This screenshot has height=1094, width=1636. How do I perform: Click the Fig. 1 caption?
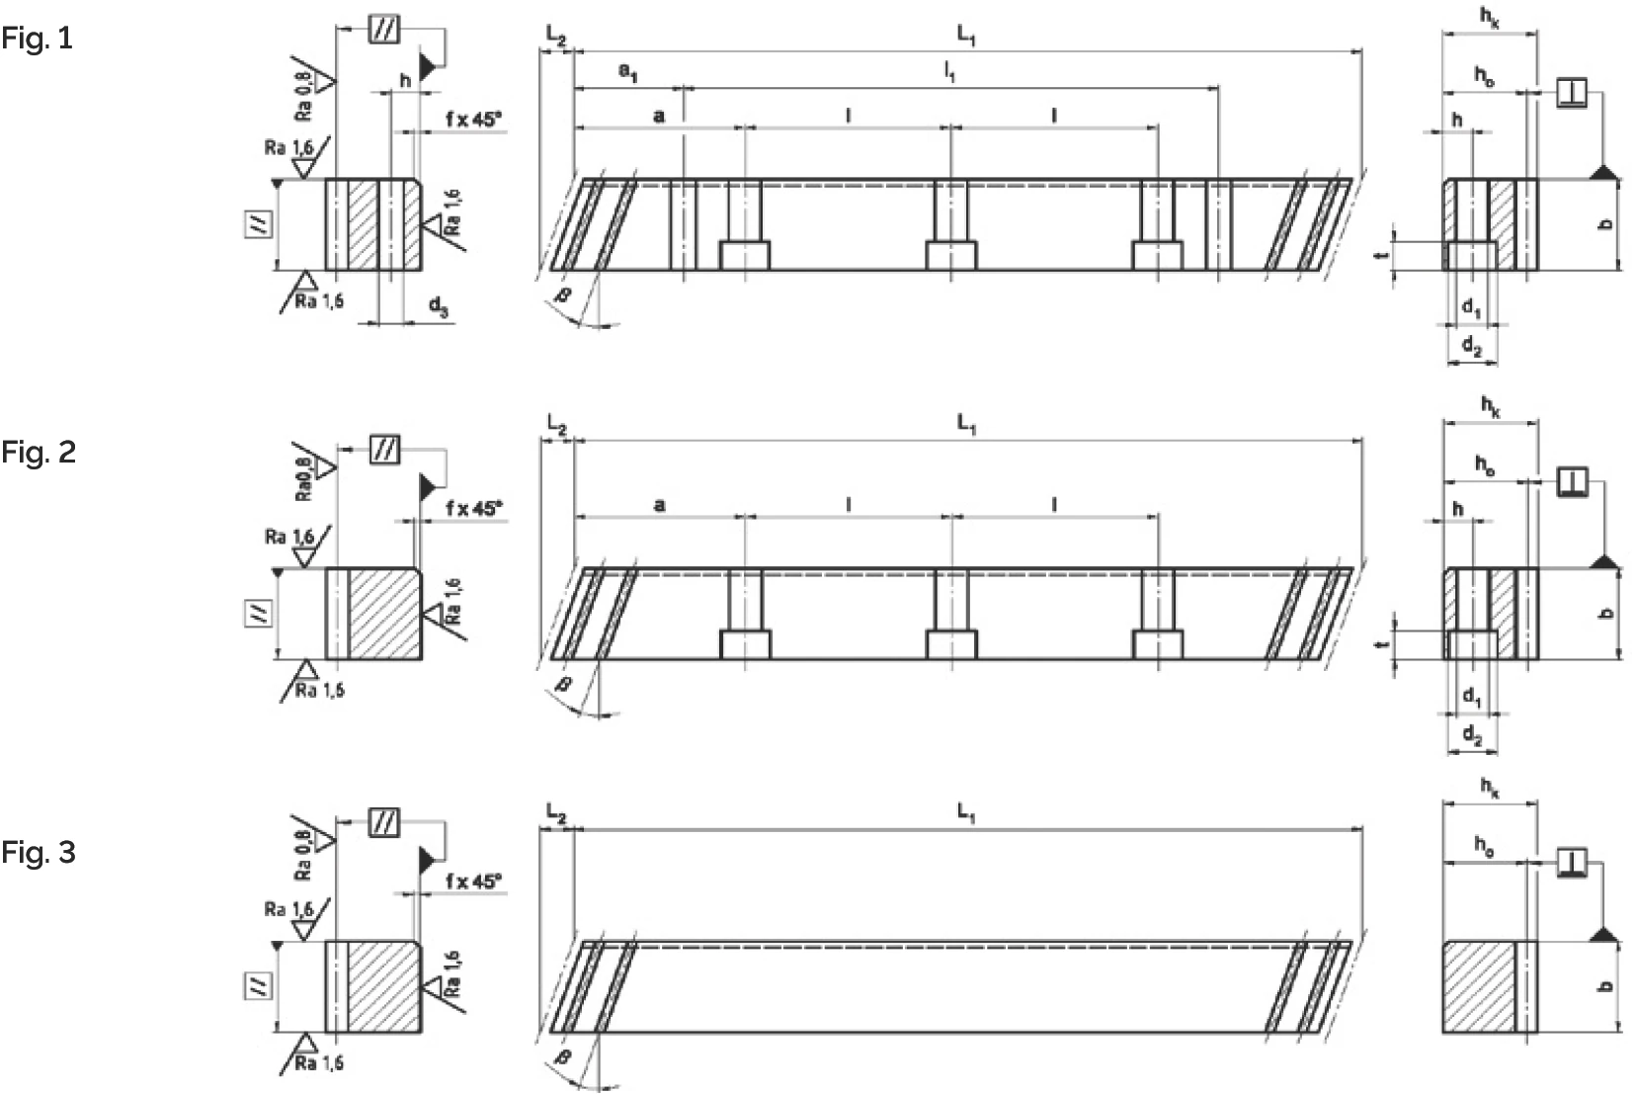click(38, 40)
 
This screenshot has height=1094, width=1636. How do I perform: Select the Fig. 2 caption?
click(39, 453)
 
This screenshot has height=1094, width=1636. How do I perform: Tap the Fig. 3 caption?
click(39, 852)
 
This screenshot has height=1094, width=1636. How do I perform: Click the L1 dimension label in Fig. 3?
click(966, 812)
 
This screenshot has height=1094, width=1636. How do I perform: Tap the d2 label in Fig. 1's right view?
click(1471, 346)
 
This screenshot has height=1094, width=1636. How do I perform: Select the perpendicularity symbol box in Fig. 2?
click(1572, 481)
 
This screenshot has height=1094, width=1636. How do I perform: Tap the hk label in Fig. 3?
click(1490, 787)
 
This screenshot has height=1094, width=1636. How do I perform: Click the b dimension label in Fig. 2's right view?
click(1606, 614)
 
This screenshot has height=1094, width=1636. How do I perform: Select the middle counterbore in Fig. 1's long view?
click(950, 255)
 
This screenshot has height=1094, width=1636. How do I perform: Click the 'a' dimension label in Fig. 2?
click(659, 506)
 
